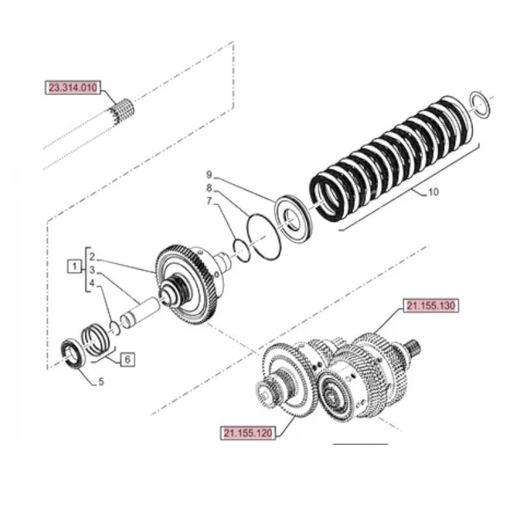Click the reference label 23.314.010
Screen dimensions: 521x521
tap(72, 88)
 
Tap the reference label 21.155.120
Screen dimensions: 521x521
tap(247, 432)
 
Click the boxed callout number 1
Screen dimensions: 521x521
tap(75, 265)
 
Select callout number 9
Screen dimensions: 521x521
tap(209, 175)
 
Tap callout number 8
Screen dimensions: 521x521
tap(209, 188)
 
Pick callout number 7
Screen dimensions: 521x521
tap(209, 201)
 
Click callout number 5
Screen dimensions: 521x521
tap(101, 382)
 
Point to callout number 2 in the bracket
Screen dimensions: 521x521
tap(92, 257)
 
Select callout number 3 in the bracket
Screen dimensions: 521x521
tap(92, 270)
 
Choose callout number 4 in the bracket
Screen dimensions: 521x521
tap(92, 283)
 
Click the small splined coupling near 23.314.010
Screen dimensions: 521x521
tap(122, 109)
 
